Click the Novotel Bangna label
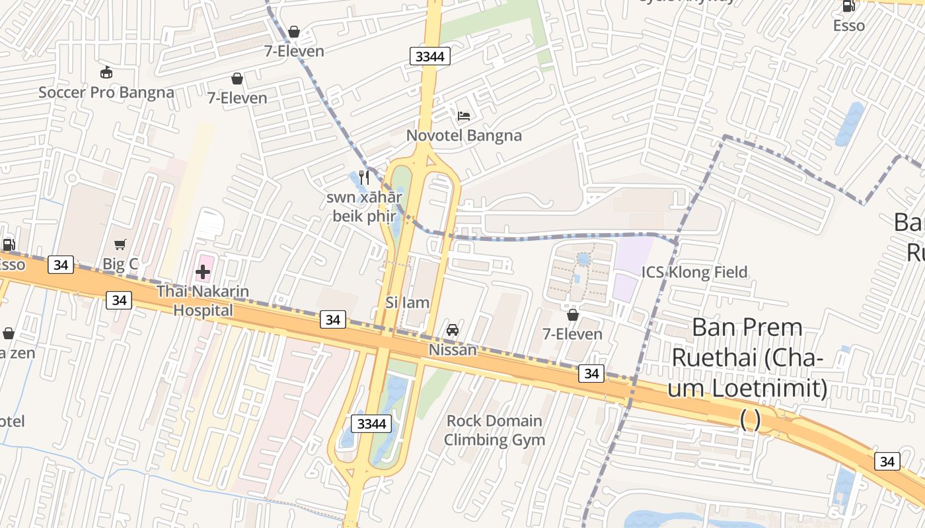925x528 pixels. point(464,135)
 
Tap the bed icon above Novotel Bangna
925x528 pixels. point(464,116)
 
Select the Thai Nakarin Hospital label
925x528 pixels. point(203,300)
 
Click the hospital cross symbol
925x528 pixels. point(203,271)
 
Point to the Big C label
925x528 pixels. point(120,264)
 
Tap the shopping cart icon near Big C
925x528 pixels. point(120,245)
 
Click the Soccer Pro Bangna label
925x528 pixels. point(106,92)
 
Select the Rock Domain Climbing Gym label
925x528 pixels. point(494,430)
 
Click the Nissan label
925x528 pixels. point(453,350)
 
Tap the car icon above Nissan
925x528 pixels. point(453,330)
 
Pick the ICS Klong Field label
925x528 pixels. point(694,272)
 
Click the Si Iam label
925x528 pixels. point(408,302)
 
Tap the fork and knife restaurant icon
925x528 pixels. point(363,178)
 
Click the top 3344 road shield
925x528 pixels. point(430,56)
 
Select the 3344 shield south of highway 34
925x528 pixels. point(371,424)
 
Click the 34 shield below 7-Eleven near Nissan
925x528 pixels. point(591,374)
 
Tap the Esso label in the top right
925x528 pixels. point(848,26)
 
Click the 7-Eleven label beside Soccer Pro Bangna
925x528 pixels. point(237,98)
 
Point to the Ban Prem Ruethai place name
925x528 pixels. point(747,358)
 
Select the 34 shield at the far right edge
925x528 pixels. point(887,461)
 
